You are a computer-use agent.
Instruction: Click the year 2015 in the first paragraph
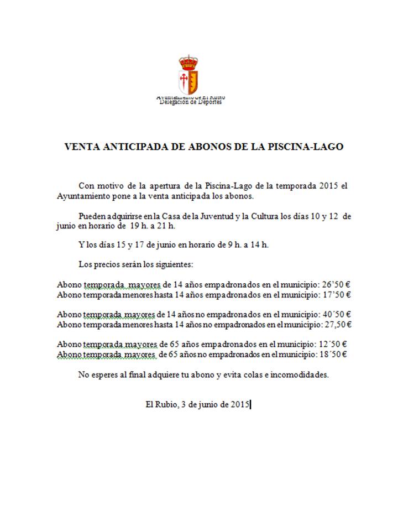(329, 185)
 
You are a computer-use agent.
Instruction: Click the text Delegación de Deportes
(191, 102)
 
